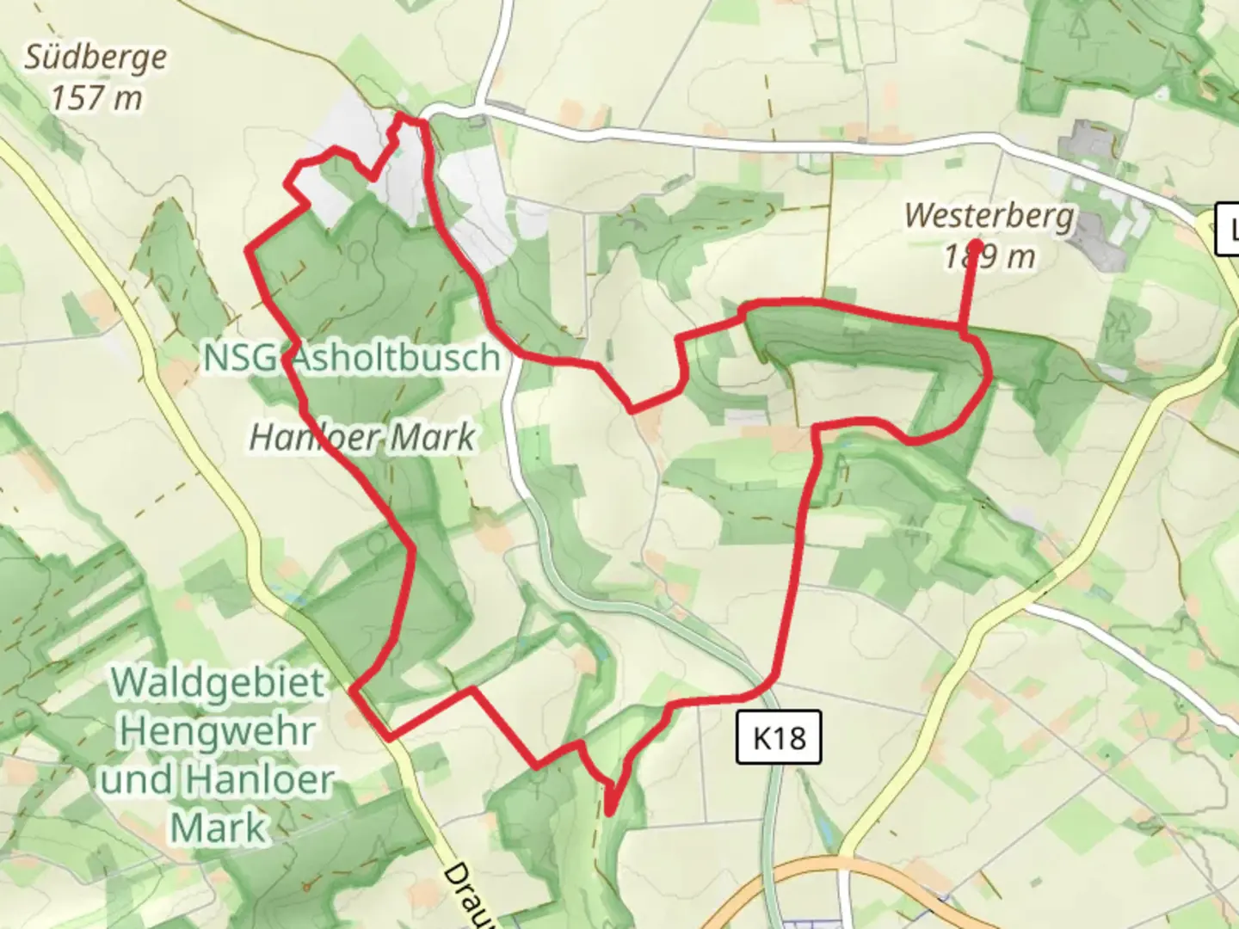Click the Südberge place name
(96, 58)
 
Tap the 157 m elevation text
(96, 98)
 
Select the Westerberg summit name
(989, 215)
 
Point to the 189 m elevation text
(989, 256)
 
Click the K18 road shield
(779, 737)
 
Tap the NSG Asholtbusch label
(352, 358)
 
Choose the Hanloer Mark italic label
(361, 438)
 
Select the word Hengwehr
(218, 732)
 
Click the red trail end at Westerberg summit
(977, 243)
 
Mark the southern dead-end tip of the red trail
(610, 810)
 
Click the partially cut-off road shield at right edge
(1228, 230)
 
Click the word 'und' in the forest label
(138, 781)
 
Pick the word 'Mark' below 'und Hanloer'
(218, 828)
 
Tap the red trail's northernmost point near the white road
(410, 119)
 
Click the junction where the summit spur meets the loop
(962, 329)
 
